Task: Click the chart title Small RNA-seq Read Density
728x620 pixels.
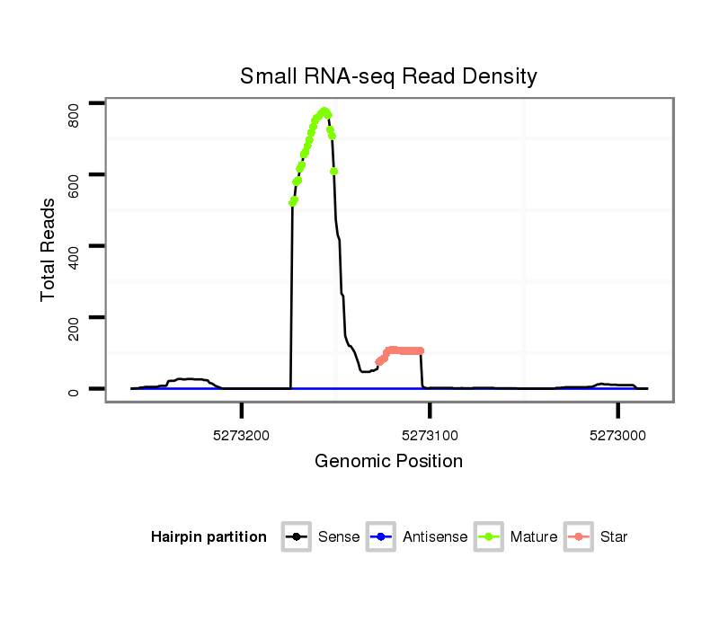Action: click(388, 76)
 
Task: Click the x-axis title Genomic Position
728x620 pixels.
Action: click(388, 462)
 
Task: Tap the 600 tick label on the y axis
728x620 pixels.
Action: click(75, 182)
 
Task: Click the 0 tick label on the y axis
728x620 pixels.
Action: click(75, 389)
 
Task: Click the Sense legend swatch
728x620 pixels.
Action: click(296, 537)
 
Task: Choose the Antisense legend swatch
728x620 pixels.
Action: click(381, 537)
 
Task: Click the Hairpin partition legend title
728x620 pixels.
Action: click(209, 537)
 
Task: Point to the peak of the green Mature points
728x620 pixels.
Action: click(324, 111)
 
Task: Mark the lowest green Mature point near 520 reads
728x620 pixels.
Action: click(292, 202)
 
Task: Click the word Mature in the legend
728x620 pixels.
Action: click(534, 537)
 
